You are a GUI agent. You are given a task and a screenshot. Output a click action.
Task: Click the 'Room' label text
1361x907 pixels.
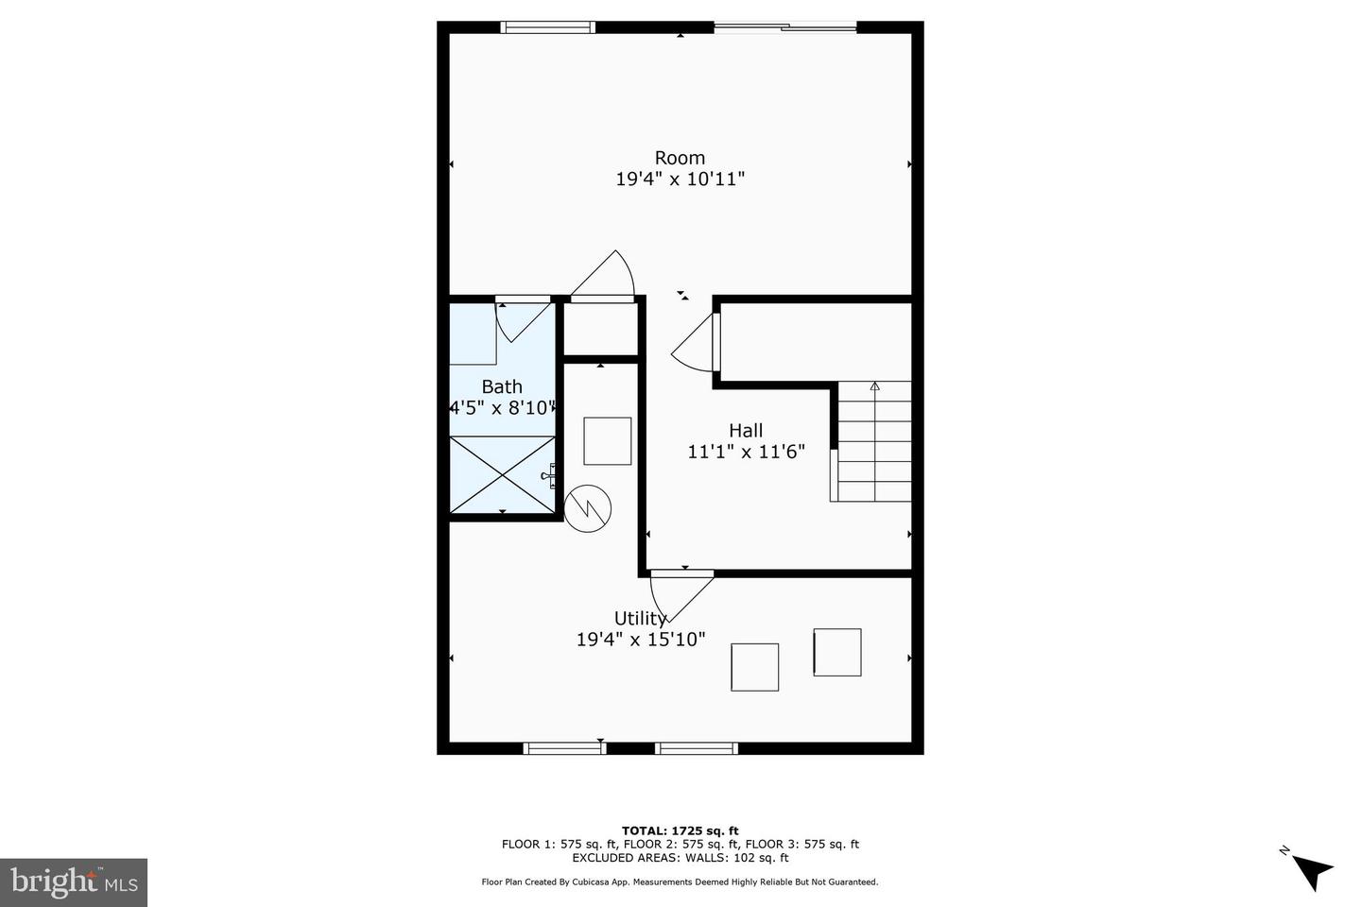point(680,158)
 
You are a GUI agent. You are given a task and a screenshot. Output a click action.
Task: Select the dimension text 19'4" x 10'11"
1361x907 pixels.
point(680,179)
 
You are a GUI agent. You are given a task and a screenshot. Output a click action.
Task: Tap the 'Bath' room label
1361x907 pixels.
point(502,386)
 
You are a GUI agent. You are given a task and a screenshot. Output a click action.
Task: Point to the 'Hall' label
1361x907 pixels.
point(746,431)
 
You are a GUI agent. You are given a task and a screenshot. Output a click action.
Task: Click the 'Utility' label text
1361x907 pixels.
point(640,619)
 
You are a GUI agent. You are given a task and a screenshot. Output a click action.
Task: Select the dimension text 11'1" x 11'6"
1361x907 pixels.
point(746,452)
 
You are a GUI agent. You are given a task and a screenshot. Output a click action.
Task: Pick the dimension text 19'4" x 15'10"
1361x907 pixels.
point(641,640)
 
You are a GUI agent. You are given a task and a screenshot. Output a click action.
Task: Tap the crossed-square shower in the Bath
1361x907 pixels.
point(502,474)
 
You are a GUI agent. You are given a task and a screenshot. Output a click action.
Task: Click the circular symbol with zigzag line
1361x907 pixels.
point(588,509)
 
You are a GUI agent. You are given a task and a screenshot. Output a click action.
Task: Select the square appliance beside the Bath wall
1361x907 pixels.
point(607,441)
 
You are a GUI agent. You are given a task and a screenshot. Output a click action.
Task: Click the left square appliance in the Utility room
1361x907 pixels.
point(754,667)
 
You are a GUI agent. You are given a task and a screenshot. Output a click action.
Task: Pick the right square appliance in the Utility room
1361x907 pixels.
point(837,652)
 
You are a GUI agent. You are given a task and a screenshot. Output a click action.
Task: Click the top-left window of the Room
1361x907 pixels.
point(548,27)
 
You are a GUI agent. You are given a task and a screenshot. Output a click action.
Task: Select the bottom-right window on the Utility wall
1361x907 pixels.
point(697,748)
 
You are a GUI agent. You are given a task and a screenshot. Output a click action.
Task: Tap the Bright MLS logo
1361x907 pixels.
point(74,882)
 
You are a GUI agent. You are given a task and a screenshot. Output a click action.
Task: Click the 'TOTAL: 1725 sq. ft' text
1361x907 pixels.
point(680,831)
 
